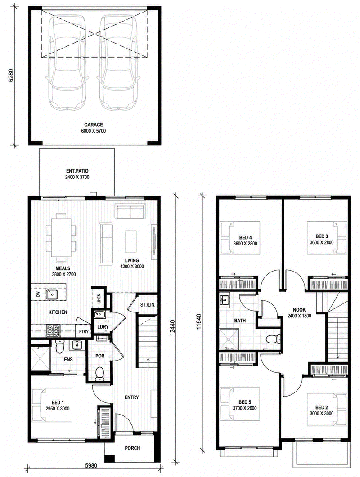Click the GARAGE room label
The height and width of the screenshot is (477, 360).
[94, 125]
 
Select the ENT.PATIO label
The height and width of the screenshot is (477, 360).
[77, 171]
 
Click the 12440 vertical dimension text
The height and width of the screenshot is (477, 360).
[172, 328]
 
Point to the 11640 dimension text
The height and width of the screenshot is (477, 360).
[199, 322]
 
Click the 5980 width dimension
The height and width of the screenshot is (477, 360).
[91, 465]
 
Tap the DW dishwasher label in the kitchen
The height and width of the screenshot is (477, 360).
[38, 294]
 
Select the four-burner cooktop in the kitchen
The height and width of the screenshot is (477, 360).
[53, 331]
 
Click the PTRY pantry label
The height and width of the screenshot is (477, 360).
[84, 332]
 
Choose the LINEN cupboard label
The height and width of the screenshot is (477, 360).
[99, 299]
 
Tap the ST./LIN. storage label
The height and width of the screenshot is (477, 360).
[148, 304]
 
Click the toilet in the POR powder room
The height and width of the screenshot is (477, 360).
[99, 374]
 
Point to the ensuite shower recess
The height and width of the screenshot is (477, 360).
[40, 359]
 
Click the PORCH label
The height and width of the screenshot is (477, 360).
[132, 448]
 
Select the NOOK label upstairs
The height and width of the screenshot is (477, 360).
[299, 310]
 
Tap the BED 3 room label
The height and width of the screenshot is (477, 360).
[322, 236]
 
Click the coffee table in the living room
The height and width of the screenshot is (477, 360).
[130, 241]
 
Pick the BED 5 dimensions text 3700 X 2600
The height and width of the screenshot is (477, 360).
[245, 408]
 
